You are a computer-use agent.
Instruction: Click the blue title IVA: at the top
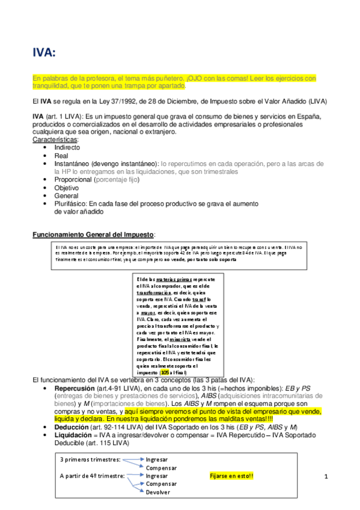(44, 54)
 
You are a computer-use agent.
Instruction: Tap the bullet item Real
(62, 156)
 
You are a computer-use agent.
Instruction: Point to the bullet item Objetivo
(68, 188)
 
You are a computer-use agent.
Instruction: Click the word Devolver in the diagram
(157, 492)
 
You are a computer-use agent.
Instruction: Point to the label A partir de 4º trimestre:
(93, 476)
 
